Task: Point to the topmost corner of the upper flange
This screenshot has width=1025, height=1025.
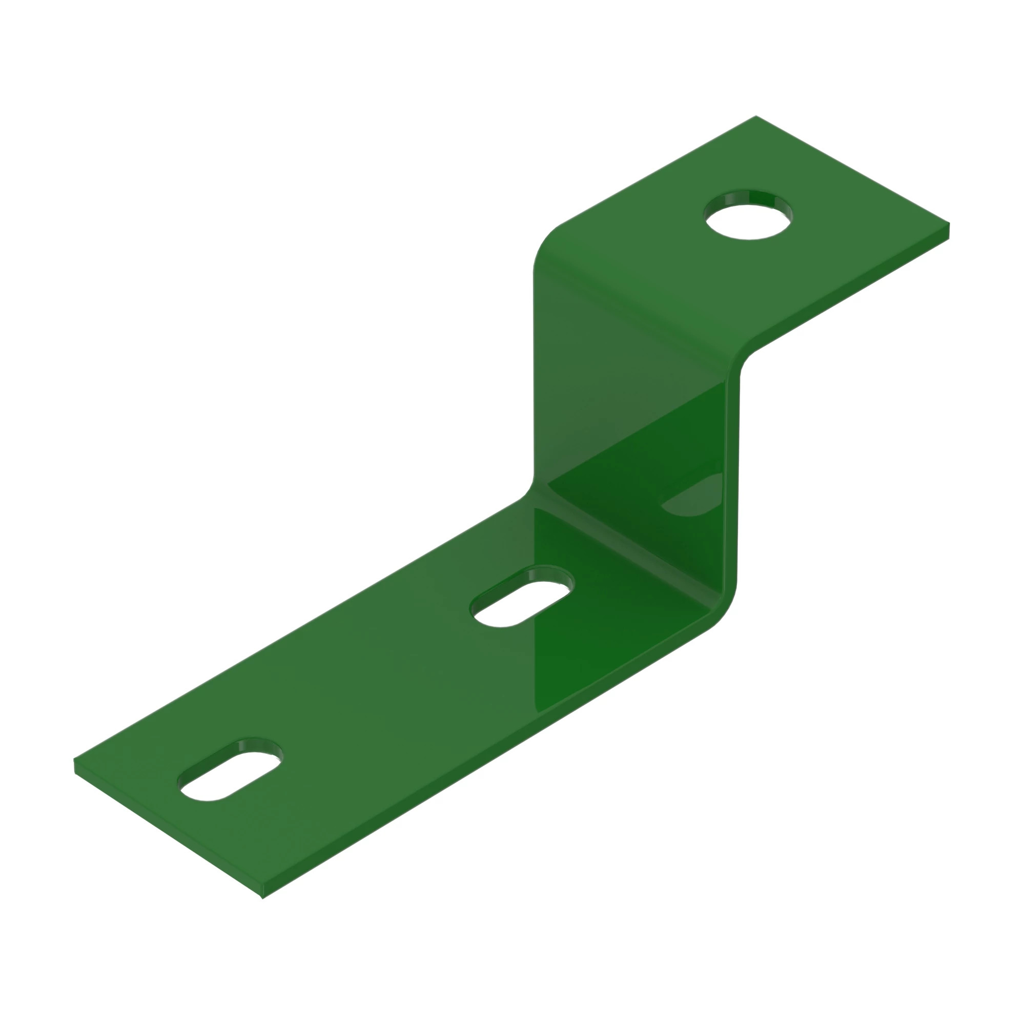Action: click(x=755, y=116)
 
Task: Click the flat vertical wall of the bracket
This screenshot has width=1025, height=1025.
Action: click(x=637, y=424)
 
